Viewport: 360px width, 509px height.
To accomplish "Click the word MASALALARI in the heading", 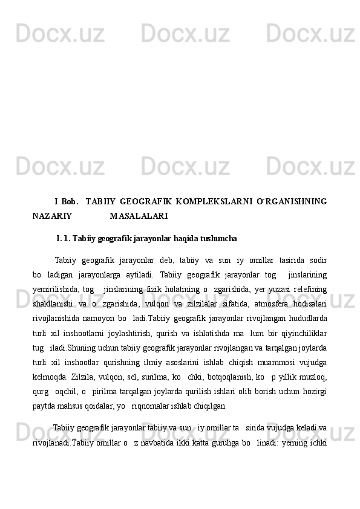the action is point(139,215).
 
